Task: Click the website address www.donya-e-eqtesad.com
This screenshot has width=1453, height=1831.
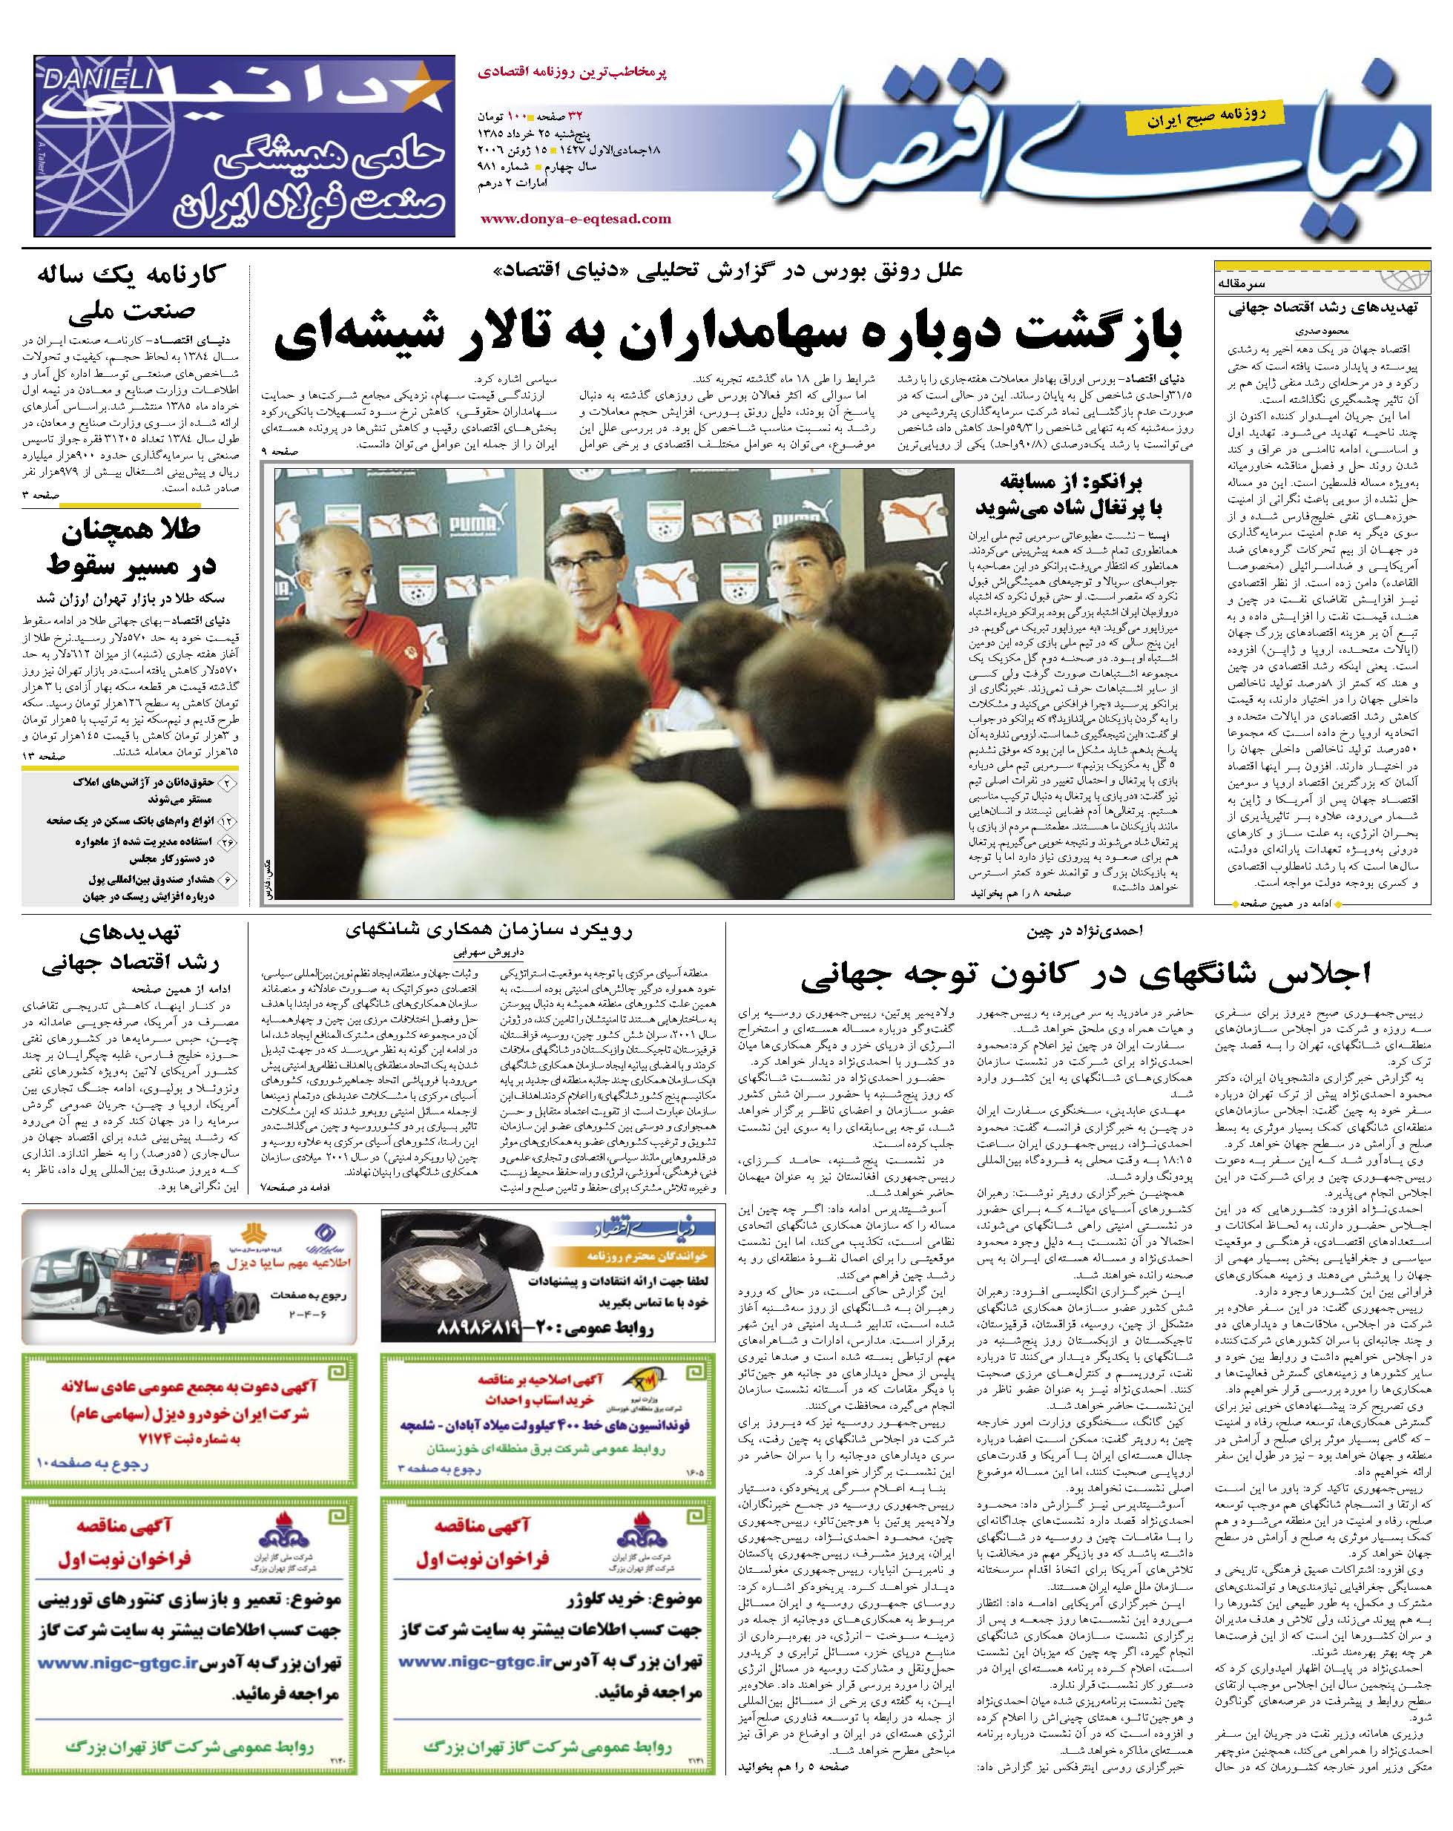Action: click(x=575, y=218)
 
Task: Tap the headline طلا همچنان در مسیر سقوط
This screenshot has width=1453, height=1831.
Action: click(x=131, y=548)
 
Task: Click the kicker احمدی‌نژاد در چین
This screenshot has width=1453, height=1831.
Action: click(x=1084, y=931)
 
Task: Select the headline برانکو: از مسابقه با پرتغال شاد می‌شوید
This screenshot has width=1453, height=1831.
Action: click(x=1067, y=496)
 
